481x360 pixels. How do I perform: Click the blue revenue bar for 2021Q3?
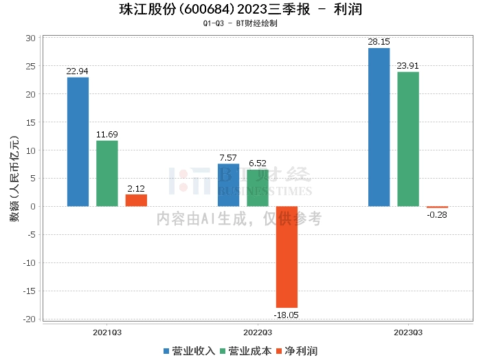pyautogui.click(x=78, y=142)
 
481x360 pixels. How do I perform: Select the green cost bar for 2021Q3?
pyautogui.click(x=107, y=173)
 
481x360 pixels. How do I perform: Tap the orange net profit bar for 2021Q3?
pyautogui.click(x=136, y=200)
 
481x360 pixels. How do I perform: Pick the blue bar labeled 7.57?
pyautogui.click(x=228, y=185)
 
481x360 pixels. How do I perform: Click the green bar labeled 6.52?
pyautogui.click(x=258, y=188)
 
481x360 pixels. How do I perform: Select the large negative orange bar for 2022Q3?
pyautogui.click(x=287, y=257)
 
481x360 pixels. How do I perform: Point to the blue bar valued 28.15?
pyautogui.click(x=379, y=127)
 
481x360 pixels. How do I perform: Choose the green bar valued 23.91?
pyautogui.click(x=408, y=139)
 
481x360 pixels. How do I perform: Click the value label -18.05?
pyautogui.click(x=287, y=315)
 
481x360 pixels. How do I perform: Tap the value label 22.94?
pyautogui.click(x=78, y=70)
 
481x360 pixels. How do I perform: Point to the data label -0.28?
pyautogui.click(x=437, y=215)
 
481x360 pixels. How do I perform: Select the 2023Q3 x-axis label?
pyautogui.click(x=408, y=332)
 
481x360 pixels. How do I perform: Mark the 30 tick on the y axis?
pyautogui.click(x=31, y=38)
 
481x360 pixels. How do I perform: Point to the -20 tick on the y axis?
pyautogui.click(x=30, y=319)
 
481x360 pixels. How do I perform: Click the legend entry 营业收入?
pyautogui.click(x=189, y=351)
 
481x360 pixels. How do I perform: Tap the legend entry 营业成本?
pyautogui.click(x=245, y=351)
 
